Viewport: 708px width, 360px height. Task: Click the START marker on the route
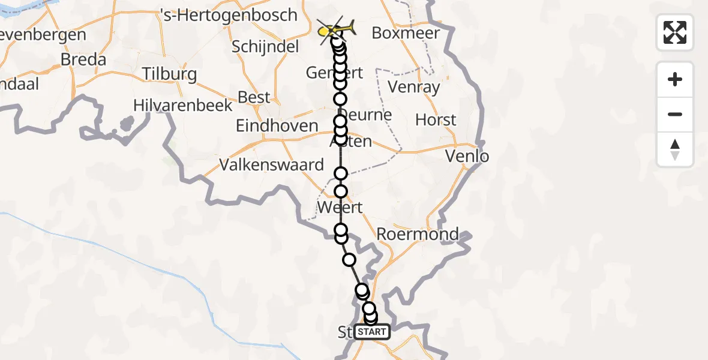[x=372, y=331]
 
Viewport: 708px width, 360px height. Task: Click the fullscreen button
[x=675, y=32]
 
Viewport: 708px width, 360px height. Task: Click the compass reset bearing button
[x=675, y=149]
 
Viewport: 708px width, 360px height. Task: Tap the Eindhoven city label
[x=277, y=126]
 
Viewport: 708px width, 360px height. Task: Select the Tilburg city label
[x=169, y=74]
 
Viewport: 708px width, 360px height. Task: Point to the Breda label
[x=83, y=60]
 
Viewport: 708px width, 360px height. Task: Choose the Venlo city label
[x=467, y=157]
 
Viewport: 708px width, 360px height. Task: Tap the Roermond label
[x=418, y=234]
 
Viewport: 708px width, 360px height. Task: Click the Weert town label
[x=340, y=208]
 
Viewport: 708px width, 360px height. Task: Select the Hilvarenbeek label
[x=182, y=106]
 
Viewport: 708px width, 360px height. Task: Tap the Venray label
[x=414, y=87]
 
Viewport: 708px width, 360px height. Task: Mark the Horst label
[x=436, y=120]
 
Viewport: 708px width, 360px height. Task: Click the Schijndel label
[x=265, y=47]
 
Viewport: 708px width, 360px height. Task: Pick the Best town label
[x=254, y=97]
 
